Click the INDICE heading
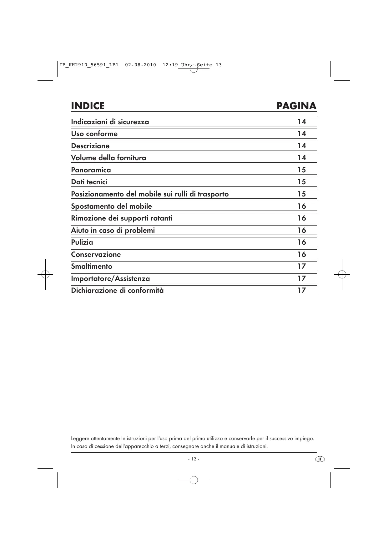pyautogui.click(x=88, y=106)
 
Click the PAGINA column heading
pyautogui.click(x=296, y=106)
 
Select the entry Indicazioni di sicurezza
pyautogui.click(x=110, y=122)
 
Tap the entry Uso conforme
pyautogui.click(x=94, y=134)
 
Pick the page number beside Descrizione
pyautogui.click(x=301, y=146)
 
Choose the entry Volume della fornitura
pyautogui.click(x=108, y=158)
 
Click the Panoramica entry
pyautogui.click(x=91, y=170)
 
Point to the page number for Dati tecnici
pyautogui.click(x=301, y=182)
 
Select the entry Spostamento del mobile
pyautogui.click(x=111, y=206)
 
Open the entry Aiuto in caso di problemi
pyautogui.click(x=113, y=230)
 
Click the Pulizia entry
pyautogui.click(x=82, y=242)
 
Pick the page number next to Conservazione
pyautogui.click(x=301, y=254)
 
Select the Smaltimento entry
pyautogui.click(x=92, y=266)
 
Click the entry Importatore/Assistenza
pyautogui.click(x=110, y=278)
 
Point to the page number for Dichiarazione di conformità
pyautogui.click(x=301, y=290)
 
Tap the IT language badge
pyautogui.click(x=320, y=459)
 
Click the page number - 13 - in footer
pyautogui.click(x=194, y=459)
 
